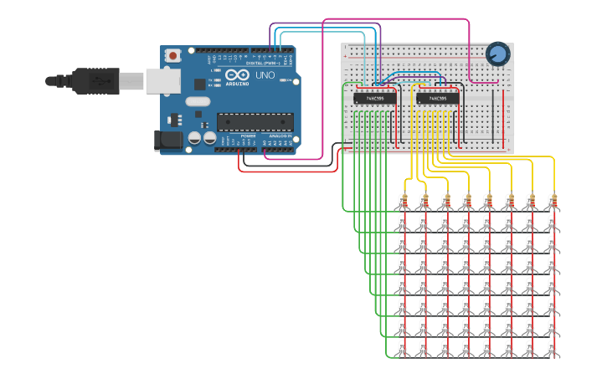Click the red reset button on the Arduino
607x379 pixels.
click(173, 56)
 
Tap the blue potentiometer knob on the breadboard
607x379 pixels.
click(497, 54)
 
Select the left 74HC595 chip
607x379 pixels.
click(368, 98)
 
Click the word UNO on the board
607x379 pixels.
click(265, 75)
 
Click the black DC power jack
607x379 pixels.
click(170, 140)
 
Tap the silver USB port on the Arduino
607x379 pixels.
click(163, 80)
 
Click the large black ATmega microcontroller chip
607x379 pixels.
click(255, 122)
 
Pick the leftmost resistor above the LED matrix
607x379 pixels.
click(404, 201)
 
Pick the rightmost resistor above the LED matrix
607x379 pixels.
click(553, 201)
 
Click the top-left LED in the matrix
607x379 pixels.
click(402, 223)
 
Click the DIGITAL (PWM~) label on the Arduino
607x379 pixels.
click(265, 63)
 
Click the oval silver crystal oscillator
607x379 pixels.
click(197, 102)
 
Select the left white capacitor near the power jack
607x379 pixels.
click(194, 138)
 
